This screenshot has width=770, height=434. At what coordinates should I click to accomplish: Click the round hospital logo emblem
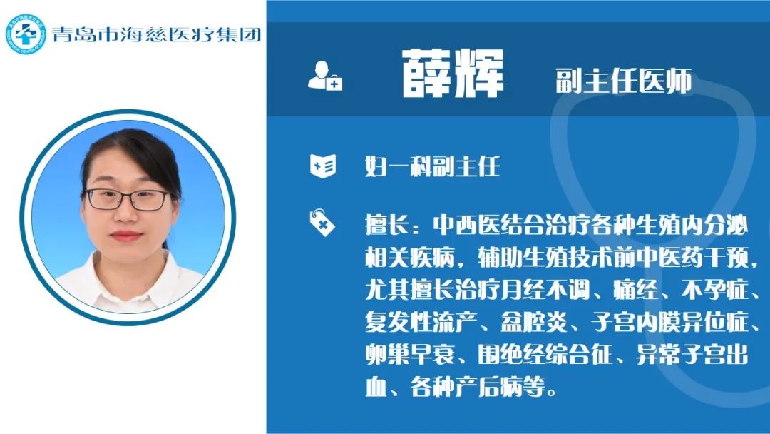(x=26, y=34)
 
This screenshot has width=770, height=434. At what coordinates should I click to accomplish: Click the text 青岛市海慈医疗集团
(x=156, y=34)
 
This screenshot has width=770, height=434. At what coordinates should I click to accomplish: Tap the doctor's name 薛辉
(x=453, y=74)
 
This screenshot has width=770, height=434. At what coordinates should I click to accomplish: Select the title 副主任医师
(x=624, y=81)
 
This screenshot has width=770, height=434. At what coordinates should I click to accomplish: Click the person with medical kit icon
(x=325, y=76)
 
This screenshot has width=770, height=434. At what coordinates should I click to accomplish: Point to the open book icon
(x=323, y=166)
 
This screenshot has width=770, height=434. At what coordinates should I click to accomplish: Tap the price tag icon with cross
(x=322, y=223)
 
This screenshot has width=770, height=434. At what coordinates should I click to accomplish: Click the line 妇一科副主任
(x=433, y=166)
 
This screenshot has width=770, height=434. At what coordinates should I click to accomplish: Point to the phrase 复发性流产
(x=421, y=323)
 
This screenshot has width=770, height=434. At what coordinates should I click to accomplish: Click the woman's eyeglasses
(x=128, y=199)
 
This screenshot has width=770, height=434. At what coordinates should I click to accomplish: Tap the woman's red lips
(x=126, y=236)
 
